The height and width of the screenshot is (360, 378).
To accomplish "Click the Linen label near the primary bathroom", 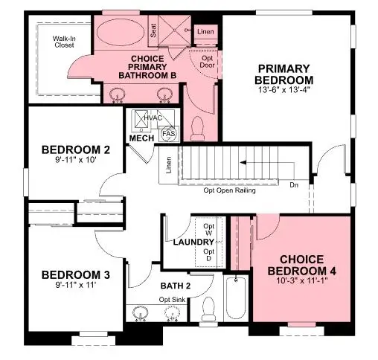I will coord(205,32).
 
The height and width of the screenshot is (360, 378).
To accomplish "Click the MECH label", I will coord(141,138).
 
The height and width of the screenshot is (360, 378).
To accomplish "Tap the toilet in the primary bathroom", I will coord(197,131).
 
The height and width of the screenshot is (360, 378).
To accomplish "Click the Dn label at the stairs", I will coord(294,184).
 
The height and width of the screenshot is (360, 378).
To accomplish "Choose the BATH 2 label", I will coord(176,285).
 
